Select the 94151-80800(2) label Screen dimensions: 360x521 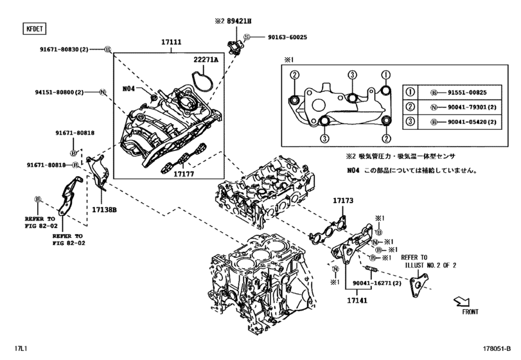click(60, 93)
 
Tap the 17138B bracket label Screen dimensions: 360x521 click(105, 209)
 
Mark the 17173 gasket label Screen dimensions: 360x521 click(343, 201)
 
